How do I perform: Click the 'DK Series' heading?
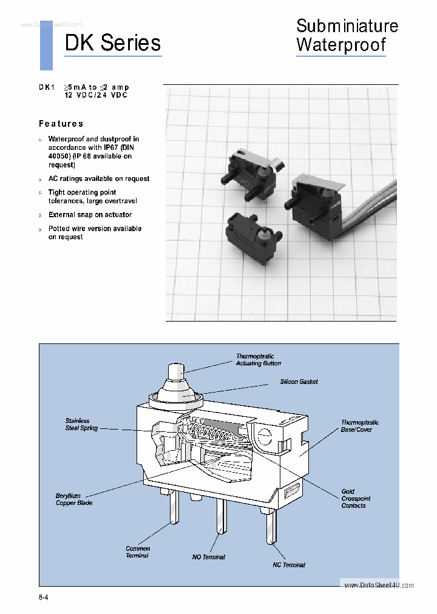pyautogui.click(x=113, y=43)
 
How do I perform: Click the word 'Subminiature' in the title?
pyautogui.click(x=347, y=26)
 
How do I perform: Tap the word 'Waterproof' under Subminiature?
pyautogui.click(x=340, y=45)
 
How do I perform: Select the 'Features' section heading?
pyautogui.click(x=61, y=124)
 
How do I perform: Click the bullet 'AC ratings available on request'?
pyautogui.click(x=98, y=179)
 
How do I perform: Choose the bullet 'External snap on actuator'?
pyautogui.click(x=90, y=215)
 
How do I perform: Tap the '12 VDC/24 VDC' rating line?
pyautogui.click(x=96, y=96)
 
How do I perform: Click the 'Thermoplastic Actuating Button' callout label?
pyautogui.click(x=258, y=360)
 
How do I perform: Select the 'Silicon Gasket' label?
pyautogui.click(x=299, y=382)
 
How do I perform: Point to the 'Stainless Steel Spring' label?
pyautogui.click(x=81, y=424)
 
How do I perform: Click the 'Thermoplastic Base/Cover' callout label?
pyautogui.click(x=359, y=426)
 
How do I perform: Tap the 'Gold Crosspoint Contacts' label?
pyautogui.click(x=355, y=499)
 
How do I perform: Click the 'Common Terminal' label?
pyautogui.click(x=137, y=552)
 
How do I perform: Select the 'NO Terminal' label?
pyautogui.click(x=208, y=557)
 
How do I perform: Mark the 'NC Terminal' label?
pyautogui.click(x=288, y=565)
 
